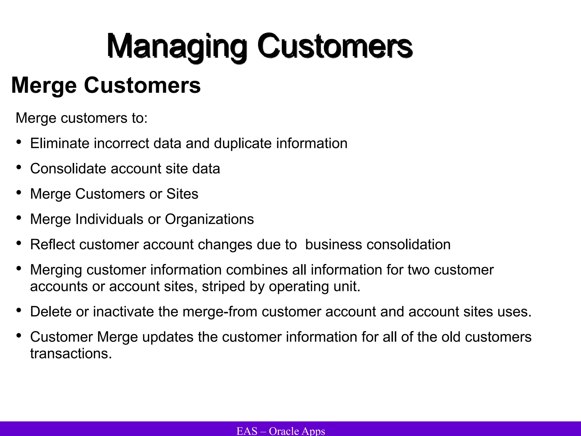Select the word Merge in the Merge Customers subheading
tap(44, 85)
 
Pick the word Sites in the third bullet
tap(182, 194)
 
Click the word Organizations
tap(209, 219)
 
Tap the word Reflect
tap(52, 244)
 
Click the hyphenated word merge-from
tap(220, 312)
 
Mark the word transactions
tap(71, 354)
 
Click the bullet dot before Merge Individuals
tap(19, 218)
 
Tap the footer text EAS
tap(247, 431)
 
